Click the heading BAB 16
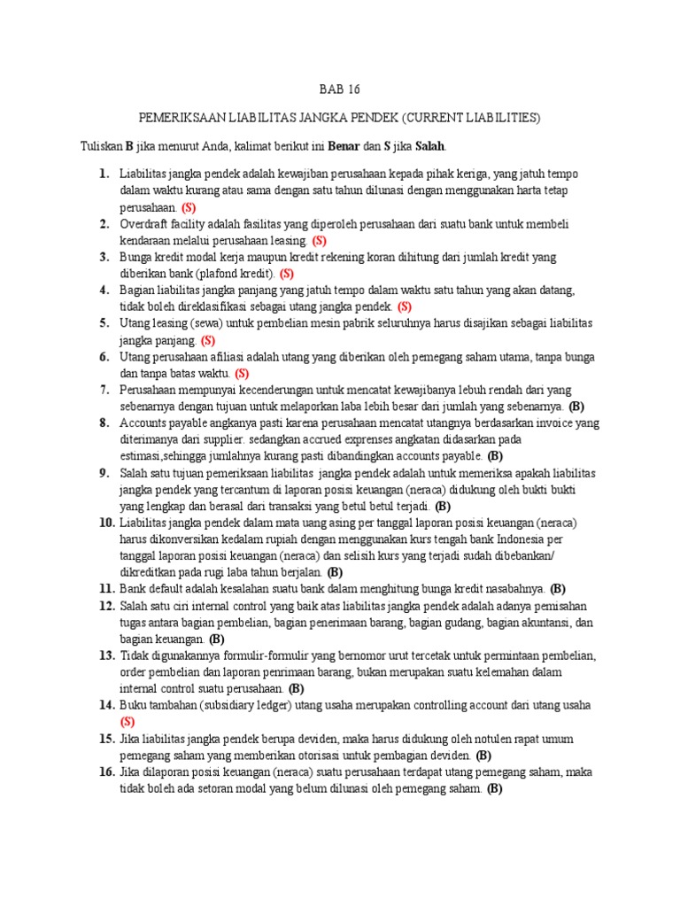[x=340, y=89]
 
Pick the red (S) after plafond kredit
[x=287, y=273]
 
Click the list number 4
[x=104, y=290]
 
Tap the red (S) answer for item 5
[x=208, y=339]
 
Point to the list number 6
[x=104, y=356]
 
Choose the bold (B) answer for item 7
[x=576, y=407]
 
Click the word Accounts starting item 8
[x=147, y=422]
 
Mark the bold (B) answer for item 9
[x=443, y=506]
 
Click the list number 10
[x=106, y=523]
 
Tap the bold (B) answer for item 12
[x=217, y=639]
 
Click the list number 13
[x=106, y=655]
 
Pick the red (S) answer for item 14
[x=127, y=722]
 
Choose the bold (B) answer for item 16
[x=494, y=788]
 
